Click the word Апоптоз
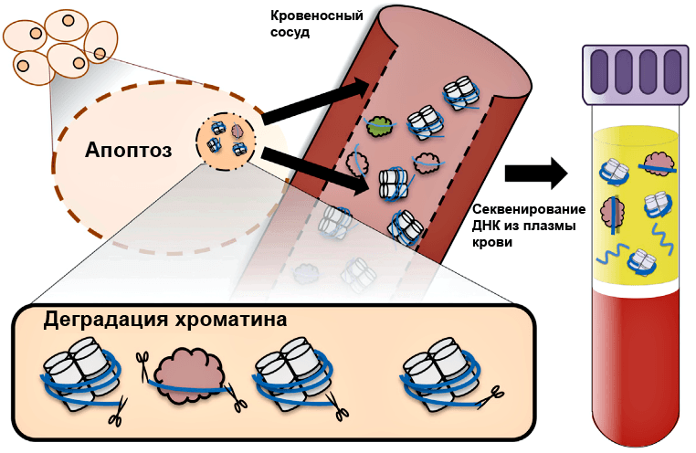[x=129, y=149]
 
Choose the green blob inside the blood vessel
[x=378, y=129]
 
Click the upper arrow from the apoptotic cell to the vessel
[x=314, y=100]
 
